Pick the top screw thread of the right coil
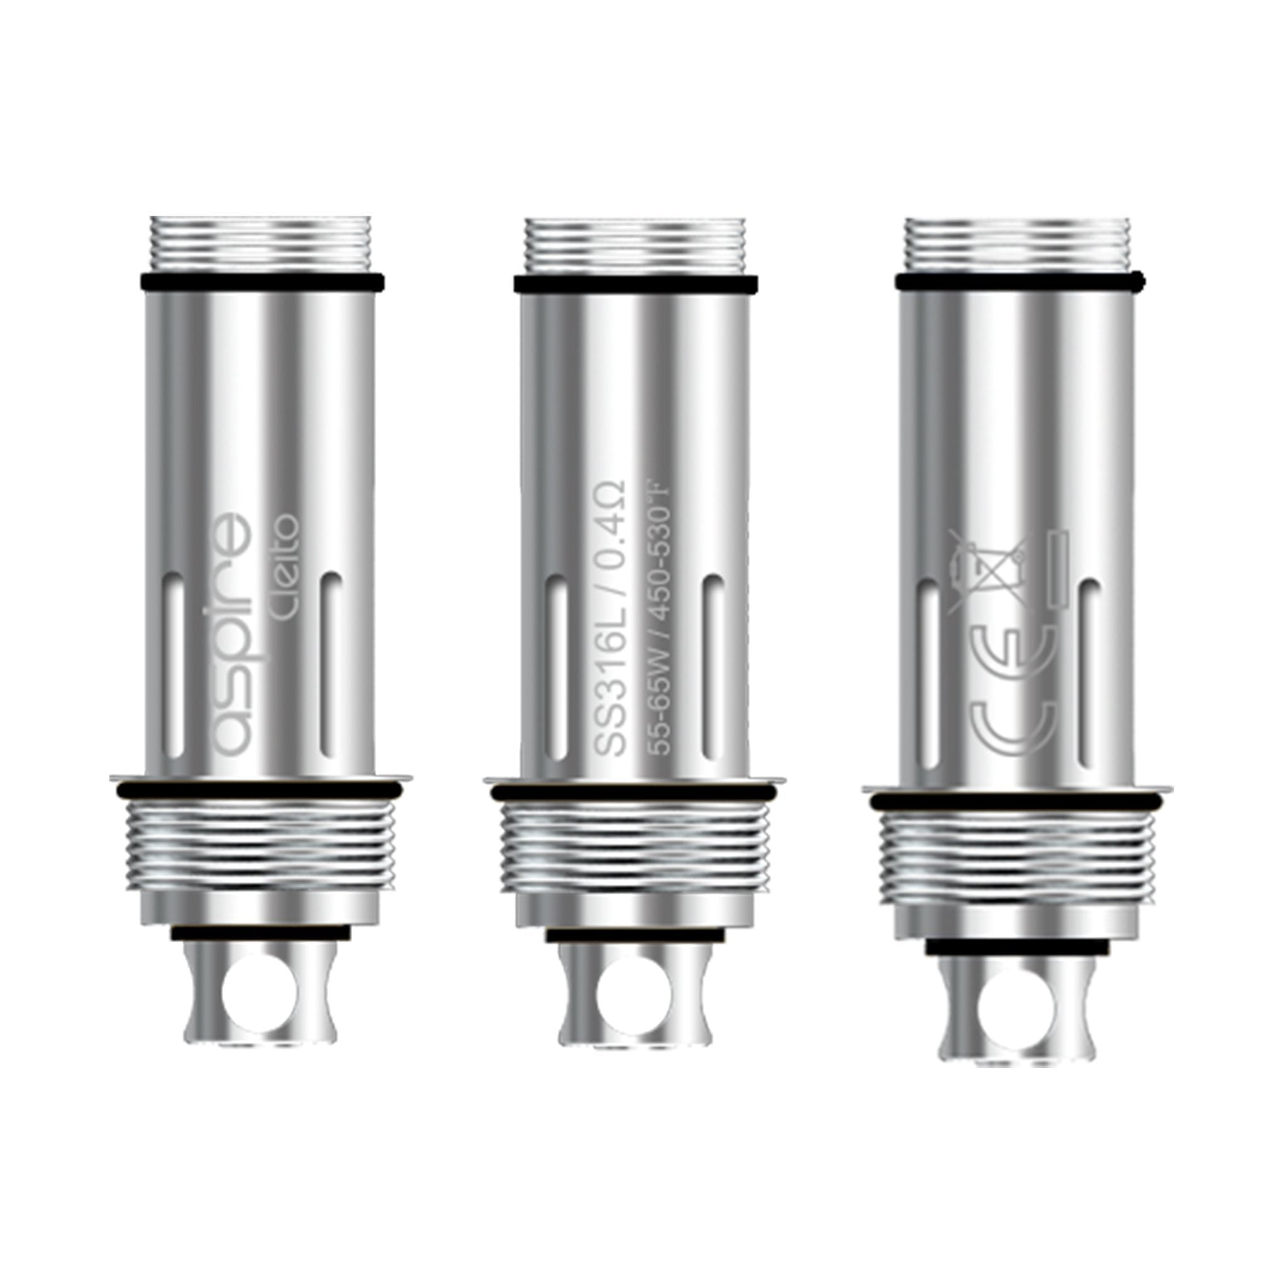tap(1018, 245)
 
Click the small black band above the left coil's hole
tap(260, 933)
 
